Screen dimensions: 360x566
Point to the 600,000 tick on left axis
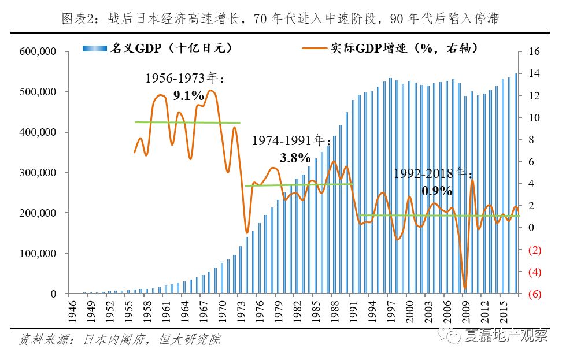37,51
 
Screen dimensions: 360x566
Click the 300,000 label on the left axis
37,173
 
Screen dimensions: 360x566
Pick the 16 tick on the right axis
534,51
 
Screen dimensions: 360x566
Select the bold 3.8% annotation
294,157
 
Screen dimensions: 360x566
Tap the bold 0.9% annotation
437,190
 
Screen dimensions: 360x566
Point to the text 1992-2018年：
434,174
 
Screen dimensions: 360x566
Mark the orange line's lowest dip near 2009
465,288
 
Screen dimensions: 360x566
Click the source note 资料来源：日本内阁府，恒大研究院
120,339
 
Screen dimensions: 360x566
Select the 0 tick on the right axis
530,228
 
